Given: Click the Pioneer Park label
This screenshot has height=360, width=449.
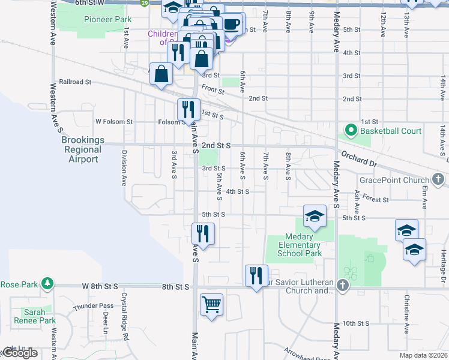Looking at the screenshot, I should coord(107,19).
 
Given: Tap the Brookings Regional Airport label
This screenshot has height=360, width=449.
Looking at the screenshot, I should coord(83,149).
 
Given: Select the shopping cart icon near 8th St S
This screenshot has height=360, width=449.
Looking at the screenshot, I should coord(211,304).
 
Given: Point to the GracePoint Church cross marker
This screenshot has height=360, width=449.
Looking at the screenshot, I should coord(438,179).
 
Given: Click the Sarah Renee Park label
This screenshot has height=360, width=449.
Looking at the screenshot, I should coord(39,316).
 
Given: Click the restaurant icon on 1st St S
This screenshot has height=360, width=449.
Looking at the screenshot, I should coord(188,109).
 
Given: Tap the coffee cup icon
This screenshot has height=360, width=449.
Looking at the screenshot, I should coord(232,25).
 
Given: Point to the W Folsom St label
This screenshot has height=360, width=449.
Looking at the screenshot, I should coord(114,122).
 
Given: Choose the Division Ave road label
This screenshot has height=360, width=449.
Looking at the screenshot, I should coord(124,168).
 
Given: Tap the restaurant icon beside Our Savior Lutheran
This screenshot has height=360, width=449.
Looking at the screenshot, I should coord(256,275).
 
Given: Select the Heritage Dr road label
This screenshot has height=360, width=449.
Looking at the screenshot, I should coord(443,265).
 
